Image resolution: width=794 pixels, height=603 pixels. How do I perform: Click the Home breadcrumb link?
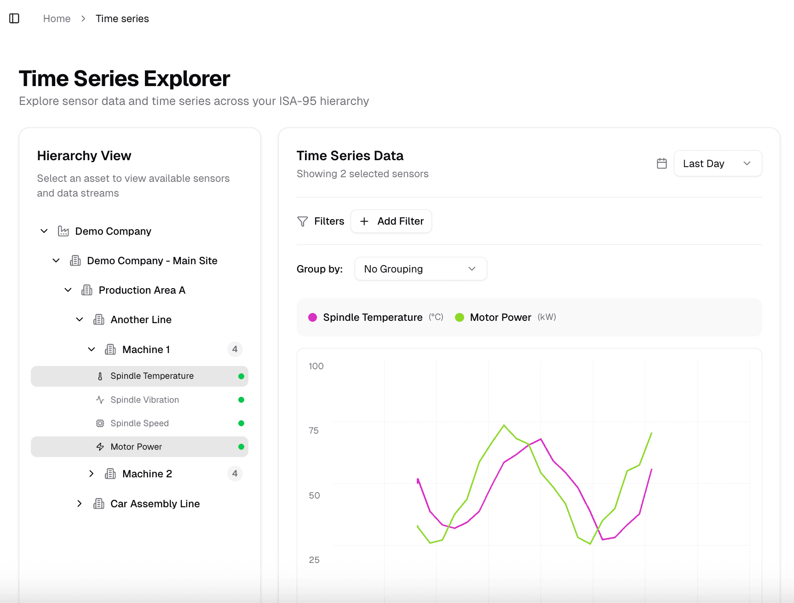(x=57, y=19)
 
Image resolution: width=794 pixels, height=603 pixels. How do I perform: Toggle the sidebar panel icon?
(x=14, y=18)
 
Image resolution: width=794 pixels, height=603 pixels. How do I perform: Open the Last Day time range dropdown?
(x=717, y=163)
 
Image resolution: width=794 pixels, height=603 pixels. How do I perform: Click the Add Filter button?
(x=391, y=221)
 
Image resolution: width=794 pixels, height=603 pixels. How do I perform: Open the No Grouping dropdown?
(x=420, y=269)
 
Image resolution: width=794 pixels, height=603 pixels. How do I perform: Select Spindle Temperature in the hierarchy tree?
(x=152, y=376)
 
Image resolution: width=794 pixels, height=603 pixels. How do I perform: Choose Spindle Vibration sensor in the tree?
(x=144, y=400)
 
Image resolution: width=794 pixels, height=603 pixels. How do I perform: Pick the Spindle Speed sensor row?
(x=139, y=423)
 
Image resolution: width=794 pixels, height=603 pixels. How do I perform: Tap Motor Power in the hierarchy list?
(x=136, y=446)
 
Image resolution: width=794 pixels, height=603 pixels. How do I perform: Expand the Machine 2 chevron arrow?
(x=92, y=474)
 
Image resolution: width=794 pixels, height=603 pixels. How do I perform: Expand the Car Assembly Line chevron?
(x=80, y=504)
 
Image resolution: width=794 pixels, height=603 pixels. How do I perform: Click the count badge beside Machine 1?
(x=235, y=349)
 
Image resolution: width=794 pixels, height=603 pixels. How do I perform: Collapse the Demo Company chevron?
(x=44, y=231)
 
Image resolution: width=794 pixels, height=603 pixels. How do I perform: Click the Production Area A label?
(x=142, y=290)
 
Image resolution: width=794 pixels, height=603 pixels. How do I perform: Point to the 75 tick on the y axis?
(x=314, y=430)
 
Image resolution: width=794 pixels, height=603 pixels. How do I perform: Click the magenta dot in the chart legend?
(x=313, y=317)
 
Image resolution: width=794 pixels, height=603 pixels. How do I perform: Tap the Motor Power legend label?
(x=500, y=317)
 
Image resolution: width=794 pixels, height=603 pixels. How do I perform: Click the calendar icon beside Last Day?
(x=662, y=163)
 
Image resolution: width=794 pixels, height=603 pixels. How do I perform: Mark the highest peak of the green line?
(x=504, y=425)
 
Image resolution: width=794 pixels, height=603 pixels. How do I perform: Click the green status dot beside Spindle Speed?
(x=241, y=423)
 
